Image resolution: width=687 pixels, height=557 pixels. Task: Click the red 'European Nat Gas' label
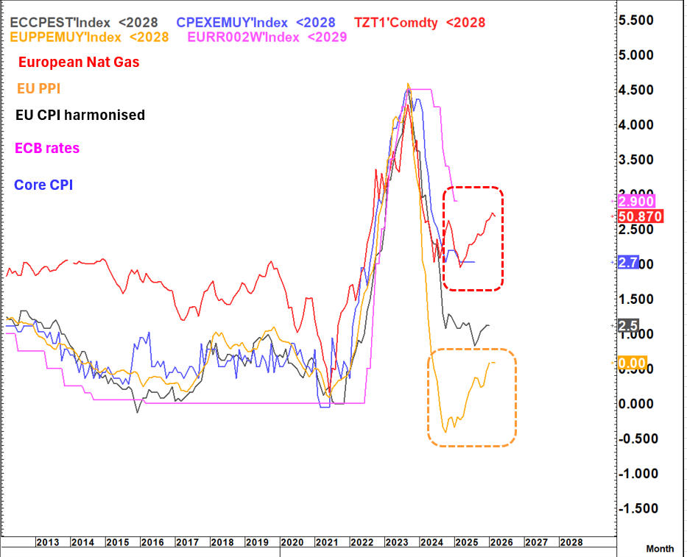click(x=79, y=63)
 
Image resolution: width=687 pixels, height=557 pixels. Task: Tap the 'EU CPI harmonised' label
click(x=80, y=115)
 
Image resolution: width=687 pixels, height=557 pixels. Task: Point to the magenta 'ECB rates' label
click(x=47, y=148)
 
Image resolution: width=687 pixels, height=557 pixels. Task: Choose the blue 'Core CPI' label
click(x=43, y=184)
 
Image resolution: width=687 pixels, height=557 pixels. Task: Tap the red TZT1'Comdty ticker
click(x=398, y=22)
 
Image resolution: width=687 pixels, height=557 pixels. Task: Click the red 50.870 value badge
click(x=641, y=216)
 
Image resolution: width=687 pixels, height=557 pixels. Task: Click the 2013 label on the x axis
click(x=48, y=542)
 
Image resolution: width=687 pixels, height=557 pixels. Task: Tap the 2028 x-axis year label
click(x=571, y=542)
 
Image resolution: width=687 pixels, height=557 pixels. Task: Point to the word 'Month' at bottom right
click(x=660, y=549)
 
